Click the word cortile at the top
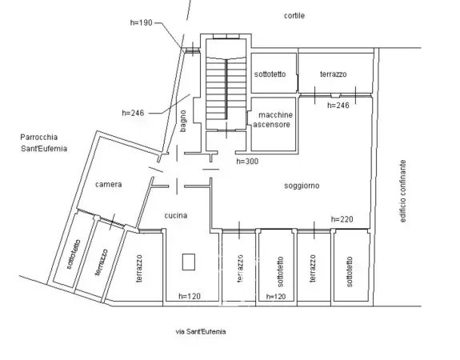tap(294, 15)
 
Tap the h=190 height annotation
tap(141, 22)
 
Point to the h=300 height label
tap(247, 161)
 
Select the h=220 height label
tap(342, 219)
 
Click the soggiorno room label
tap(302, 186)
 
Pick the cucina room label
tap(176, 216)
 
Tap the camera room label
tap(109, 185)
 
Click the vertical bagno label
tap(183, 121)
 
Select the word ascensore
tap(272, 125)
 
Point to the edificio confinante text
tap(403, 191)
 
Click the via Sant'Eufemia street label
tap(201, 332)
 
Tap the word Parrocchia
tap(39, 138)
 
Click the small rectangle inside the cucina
tap(189, 262)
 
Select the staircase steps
tap(226, 88)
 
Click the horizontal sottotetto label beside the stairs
tap(270, 74)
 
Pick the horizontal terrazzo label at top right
tap(334, 74)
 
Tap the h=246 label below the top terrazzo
tap(338, 105)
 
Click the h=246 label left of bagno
tap(133, 113)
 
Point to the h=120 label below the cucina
tap(190, 296)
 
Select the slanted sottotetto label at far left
tap(74, 254)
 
